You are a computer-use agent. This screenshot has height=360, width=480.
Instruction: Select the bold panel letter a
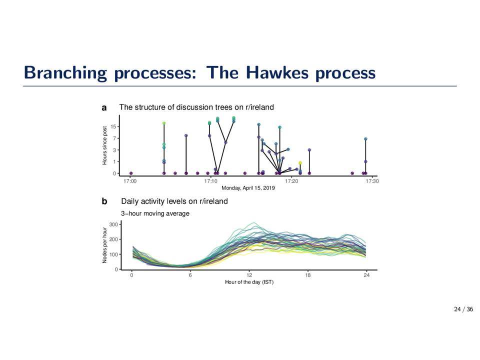pyautogui.click(x=104, y=108)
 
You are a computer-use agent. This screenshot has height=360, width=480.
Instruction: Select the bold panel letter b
pyautogui.click(x=104, y=201)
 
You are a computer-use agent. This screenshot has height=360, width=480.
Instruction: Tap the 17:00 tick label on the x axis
pyautogui.click(x=130, y=181)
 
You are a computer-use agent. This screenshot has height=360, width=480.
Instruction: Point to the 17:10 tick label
pyautogui.click(x=210, y=181)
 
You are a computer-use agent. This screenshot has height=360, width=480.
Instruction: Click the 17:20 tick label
pyautogui.click(x=291, y=181)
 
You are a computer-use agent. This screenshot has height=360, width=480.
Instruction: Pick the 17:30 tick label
pyautogui.click(x=372, y=181)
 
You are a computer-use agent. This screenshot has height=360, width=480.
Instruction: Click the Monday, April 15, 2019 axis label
pyautogui.click(x=248, y=188)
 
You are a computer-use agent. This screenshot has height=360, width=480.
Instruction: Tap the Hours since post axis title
pyautogui.click(x=104, y=145)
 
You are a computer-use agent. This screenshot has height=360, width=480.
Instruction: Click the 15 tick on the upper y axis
pyautogui.click(x=113, y=126)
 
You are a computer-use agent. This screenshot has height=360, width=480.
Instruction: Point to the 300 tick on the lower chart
pyautogui.click(x=113, y=224)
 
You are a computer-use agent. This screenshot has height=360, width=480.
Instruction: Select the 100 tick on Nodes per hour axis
pyautogui.click(x=113, y=254)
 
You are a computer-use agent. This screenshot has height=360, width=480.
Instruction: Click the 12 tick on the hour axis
pyautogui.click(x=249, y=275)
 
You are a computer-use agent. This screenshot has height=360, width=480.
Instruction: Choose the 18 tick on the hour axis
pyautogui.click(x=308, y=275)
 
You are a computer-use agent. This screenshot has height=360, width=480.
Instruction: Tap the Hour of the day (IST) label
pyautogui.click(x=249, y=282)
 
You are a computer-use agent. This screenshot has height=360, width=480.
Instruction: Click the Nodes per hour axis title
pyautogui.click(x=104, y=245)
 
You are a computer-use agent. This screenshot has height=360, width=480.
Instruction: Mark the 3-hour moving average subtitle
pyautogui.click(x=155, y=213)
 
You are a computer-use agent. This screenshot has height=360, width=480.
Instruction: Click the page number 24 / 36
pyautogui.click(x=463, y=309)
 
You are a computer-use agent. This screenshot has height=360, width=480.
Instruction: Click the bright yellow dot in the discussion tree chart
pyautogui.click(x=300, y=163)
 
